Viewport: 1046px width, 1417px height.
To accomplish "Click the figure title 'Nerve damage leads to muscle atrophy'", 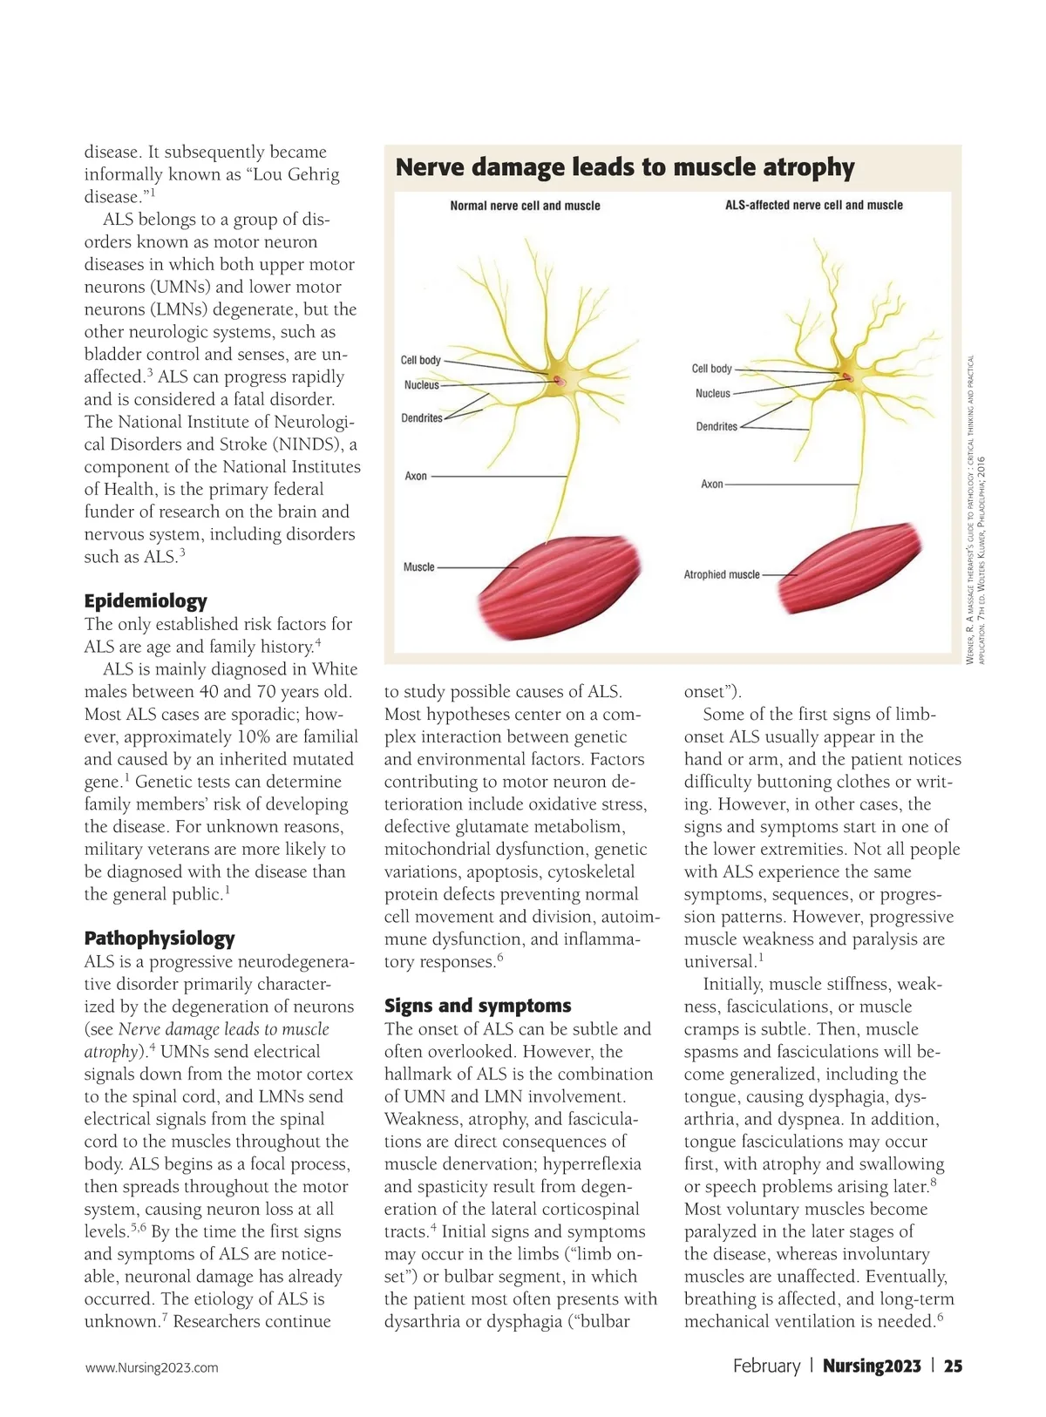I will pyautogui.click(x=624, y=167).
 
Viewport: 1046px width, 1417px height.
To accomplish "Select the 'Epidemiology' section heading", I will pyautogui.click(x=146, y=600).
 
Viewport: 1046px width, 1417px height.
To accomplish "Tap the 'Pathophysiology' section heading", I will pyautogui.click(x=160, y=939).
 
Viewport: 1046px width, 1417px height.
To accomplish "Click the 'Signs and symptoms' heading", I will pyautogui.click(x=478, y=1006).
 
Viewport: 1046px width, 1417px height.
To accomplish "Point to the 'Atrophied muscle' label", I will pyautogui.click(x=721, y=575).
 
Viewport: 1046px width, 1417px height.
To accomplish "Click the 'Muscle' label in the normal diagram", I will pyautogui.click(x=418, y=567).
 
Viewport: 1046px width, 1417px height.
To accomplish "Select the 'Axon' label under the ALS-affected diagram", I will pyautogui.click(x=711, y=484).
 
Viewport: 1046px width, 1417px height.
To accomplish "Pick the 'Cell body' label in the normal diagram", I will pyautogui.click(x=420, y=360).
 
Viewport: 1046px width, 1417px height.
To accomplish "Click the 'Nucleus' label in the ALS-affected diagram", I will pyautogui.click(x=712, y=394).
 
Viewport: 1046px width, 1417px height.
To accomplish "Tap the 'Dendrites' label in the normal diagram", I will pyautogui.click(x=421, y=418).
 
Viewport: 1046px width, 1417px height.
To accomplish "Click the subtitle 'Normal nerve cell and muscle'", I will pyautogui.click(x=525, y=206).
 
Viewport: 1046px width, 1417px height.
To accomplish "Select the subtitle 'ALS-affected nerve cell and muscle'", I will pyautogui.click(x=813, y=206).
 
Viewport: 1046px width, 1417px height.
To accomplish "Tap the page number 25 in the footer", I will pyautogui.click(x=954, y=1366).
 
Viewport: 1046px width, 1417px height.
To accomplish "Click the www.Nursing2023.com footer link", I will pyautogui.click(x=152, y=1367).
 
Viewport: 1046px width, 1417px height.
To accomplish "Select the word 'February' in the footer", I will pyautogui.click(x=766, y=1366).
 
